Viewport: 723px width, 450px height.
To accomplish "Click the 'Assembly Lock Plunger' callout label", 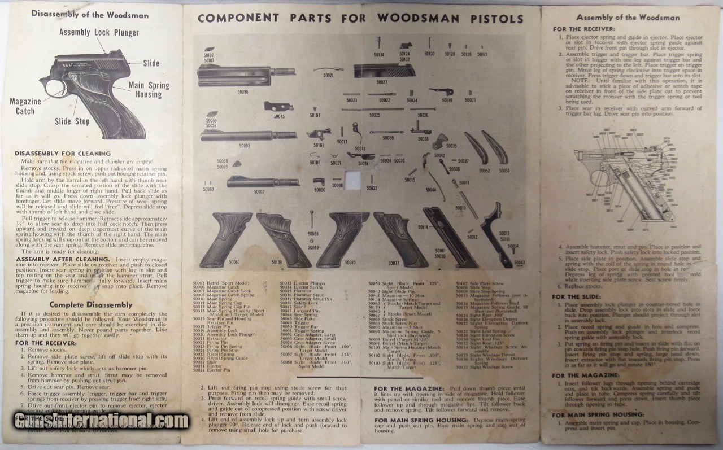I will coord(99,32).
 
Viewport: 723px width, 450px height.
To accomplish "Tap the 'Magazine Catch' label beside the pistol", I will coord(25,106).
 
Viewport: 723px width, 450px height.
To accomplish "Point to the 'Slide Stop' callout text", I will coord(72,121).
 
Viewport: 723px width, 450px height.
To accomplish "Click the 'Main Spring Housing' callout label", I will coord(149,90).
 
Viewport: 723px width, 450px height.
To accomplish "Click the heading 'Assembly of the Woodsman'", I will coord(628,18).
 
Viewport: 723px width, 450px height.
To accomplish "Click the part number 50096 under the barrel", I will coord(243,91).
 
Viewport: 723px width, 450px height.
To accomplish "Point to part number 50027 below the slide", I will coord(382,82).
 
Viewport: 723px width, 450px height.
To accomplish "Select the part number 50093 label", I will coord(244,145).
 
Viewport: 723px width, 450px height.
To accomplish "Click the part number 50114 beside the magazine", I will coord(423,226).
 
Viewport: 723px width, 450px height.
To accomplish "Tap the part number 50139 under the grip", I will coord(277,262).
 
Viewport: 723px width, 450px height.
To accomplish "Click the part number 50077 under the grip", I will coord(394,262).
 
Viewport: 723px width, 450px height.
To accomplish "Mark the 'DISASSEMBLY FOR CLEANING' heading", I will coord(63,154).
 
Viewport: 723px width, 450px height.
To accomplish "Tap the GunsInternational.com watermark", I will coord(102,421).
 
